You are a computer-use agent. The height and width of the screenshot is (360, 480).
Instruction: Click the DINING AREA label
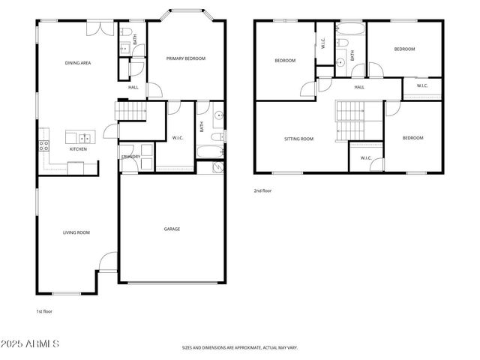tap(77, 63)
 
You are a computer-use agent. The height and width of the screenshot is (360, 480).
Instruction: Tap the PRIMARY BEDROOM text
tap(185, 58)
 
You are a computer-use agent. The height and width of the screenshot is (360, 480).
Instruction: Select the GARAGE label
tap(172, 229)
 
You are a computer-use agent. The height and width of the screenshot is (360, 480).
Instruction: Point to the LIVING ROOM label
tap(76, 232)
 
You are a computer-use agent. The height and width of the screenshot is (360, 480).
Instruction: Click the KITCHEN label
tap(78, 149)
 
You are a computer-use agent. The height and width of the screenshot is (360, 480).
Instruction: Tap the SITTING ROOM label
tap(298, 139)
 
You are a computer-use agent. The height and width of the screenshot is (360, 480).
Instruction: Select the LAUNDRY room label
tap(131, 156)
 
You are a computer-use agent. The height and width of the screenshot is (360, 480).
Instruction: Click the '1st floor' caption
tap(44, 310)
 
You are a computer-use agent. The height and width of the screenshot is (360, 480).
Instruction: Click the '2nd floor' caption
tap(262, 190)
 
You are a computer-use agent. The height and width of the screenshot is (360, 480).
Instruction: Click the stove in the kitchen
tap(43, 145)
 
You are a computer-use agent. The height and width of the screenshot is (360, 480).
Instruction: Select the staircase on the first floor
tap(130, 111)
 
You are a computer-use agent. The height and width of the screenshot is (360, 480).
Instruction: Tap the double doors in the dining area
tap(97, 28)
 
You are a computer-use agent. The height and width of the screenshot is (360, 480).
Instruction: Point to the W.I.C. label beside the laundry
tap(178, 137)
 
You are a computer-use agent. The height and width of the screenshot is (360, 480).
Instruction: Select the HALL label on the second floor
tap(359, 87)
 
